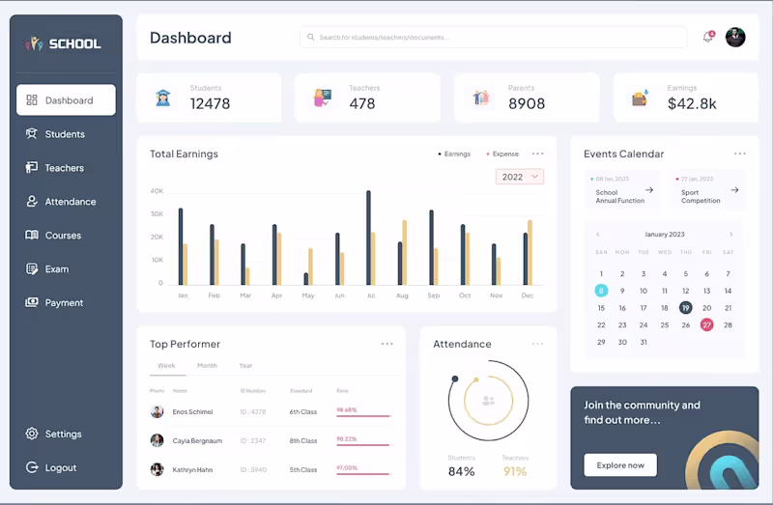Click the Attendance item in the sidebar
(x=70, y=202)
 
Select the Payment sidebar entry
(x=64, y=302)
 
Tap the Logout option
(x=60, y=467)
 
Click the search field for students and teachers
(x=493, y=38)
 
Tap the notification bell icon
(x=708, y=38)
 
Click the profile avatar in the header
(x=735, y=38)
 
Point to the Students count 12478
(x=210, y=103)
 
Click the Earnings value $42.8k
(x=692, y=103)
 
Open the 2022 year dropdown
(x=520, y=177)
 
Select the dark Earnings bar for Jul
(x=368, y=238)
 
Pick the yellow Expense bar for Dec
(x=530, y=252)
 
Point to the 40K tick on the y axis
(x=157, y=191)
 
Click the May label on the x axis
(x=308, y=295)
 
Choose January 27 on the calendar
(x=707, y=325)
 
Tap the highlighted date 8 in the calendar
(x=601, y=291)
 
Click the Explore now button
(x=620, y=465)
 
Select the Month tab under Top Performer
(x=207, y=366)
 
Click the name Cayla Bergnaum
(x=197, y=440)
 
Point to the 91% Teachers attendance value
(x=515, y=471)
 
